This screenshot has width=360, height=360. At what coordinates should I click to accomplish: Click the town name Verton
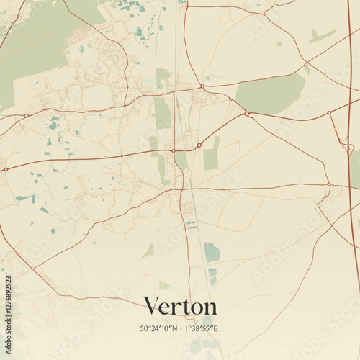(180, 305)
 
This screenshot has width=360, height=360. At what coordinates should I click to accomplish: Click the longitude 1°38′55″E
(202, 329)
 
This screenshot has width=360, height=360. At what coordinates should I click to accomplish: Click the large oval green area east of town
(270, 94)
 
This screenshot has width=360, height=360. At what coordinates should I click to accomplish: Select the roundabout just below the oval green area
(246, 113)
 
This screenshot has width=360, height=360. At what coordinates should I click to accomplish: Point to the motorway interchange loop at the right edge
(350, 148)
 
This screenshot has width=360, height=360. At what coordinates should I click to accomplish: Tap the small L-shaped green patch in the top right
(322, 36)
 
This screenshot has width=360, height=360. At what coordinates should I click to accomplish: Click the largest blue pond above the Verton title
(211, 252)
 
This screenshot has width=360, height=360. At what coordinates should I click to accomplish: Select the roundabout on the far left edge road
(6, 169)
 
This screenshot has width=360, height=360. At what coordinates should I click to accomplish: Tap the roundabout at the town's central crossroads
(174, 150)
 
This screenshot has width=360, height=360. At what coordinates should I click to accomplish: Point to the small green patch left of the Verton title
(148, 251)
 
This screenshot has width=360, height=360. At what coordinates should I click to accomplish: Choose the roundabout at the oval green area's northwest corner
(203, 87)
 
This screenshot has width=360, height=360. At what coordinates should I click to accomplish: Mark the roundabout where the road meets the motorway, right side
(328, 114)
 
